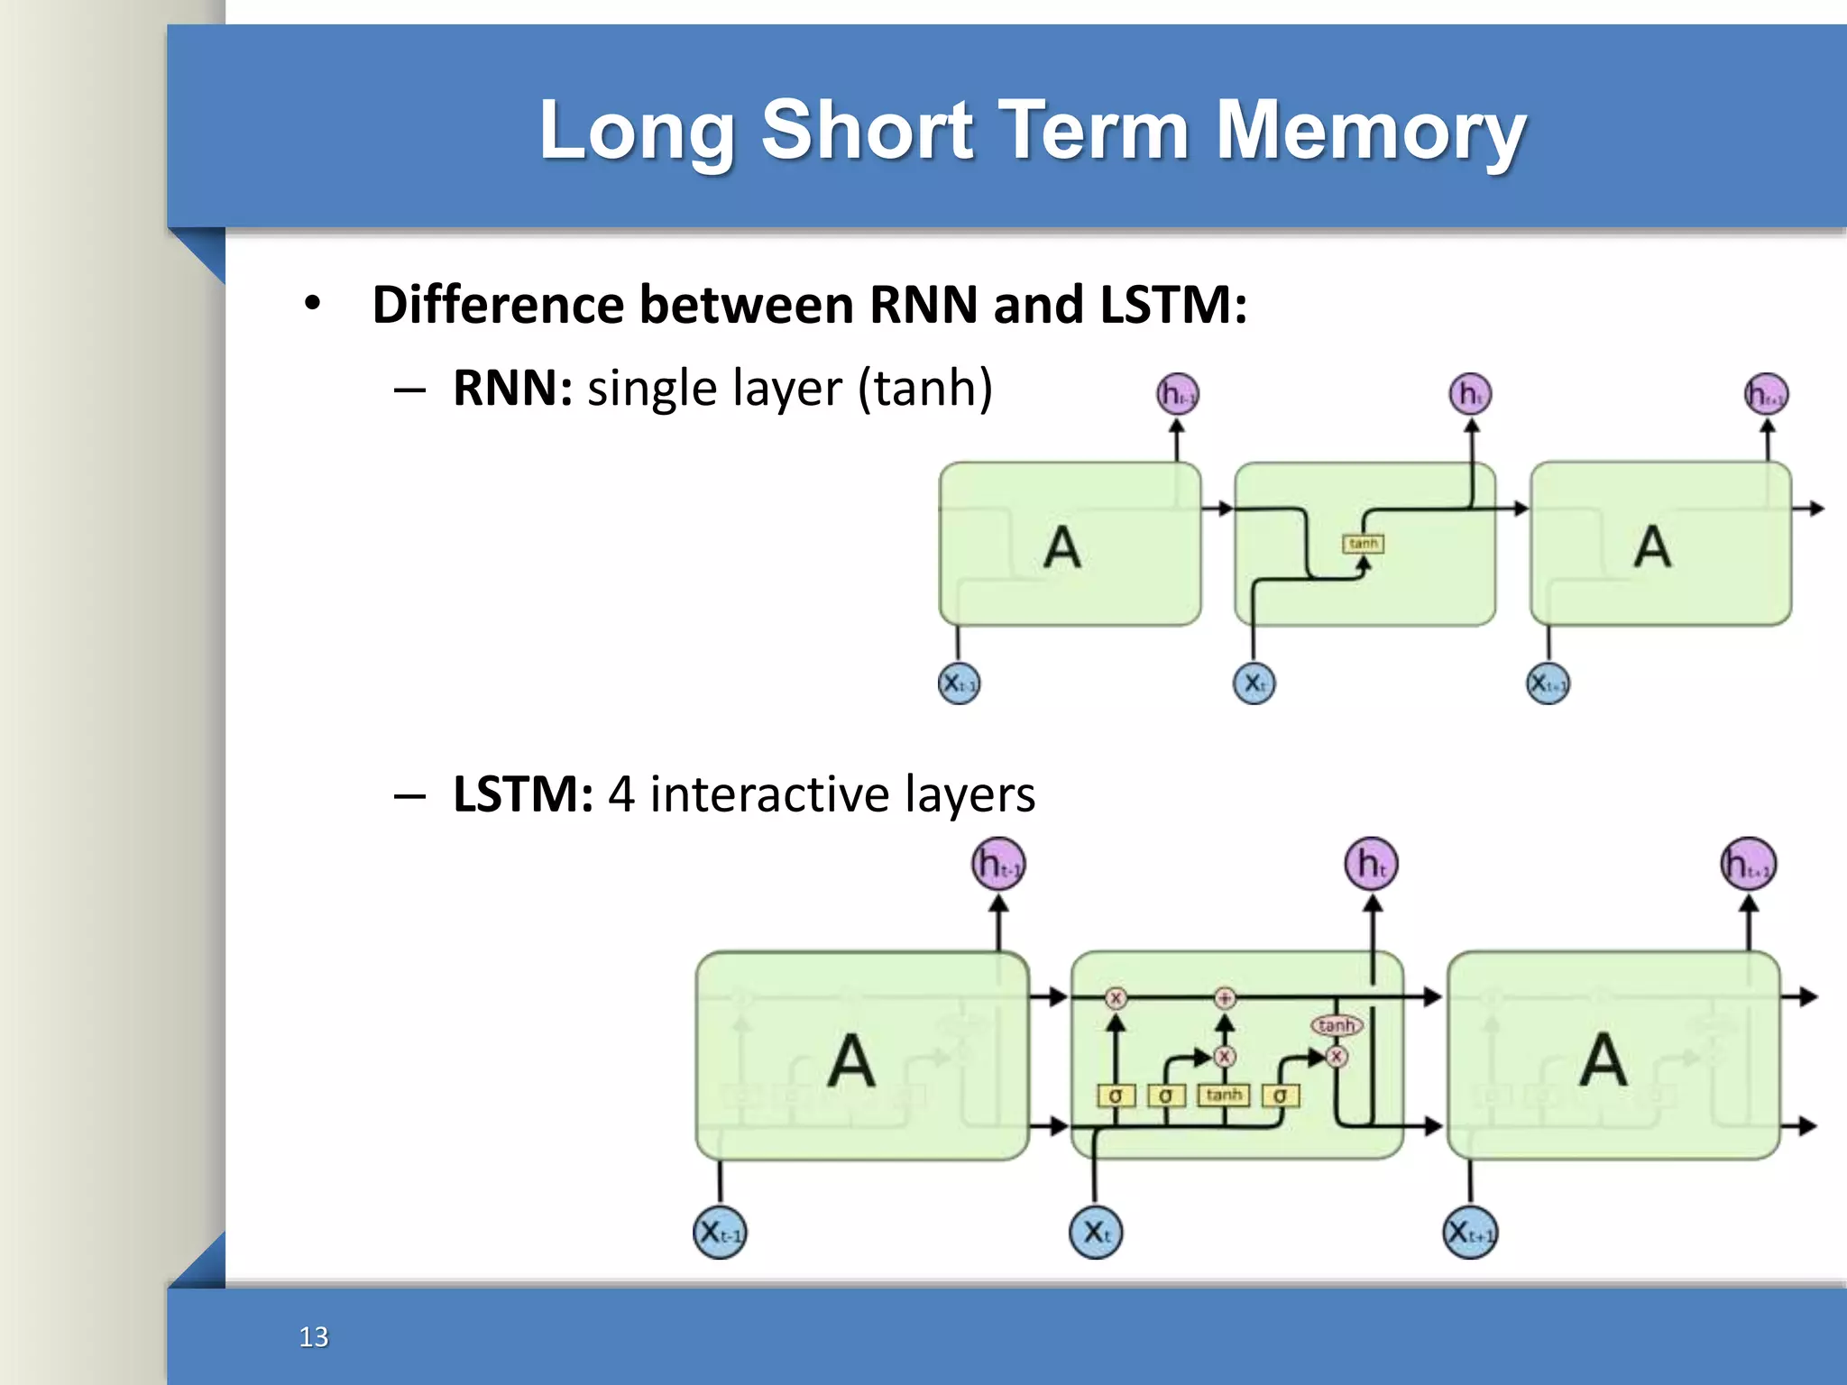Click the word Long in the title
pyautogui.click(x=636, y=132)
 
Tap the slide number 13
pyautogui.click(x=314, y=1336)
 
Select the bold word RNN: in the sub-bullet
pyautogui.click(x=512, y=389)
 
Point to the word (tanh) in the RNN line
pyautogui.click(x=925, y=389)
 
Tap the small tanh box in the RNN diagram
pyautogui.click(x=1363, y=544)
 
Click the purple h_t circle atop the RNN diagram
pyautogui.click(x=1470, y=394)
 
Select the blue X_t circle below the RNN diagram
pyautogui.click(x=1254, y=683)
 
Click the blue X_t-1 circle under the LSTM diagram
pyautogui.click(x=720, y=1232)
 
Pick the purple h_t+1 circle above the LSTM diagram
pyautogui.click(x=1748, y=864)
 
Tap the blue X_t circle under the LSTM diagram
pyautogui.click(x=1096, y=1232)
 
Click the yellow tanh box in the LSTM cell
pyautogui.click(x=1224, y=1095)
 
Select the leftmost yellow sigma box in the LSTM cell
pyautogui.click(x=1115, y=1096)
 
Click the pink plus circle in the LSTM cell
pyautogui.click(x=1224, y=997)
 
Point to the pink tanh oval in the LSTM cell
pyautogui.click(x=1336, y=1025)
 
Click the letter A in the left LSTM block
pyautogui.click(x=851, y=1060)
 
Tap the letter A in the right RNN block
pyautogui.click(x=1652, y=547)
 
